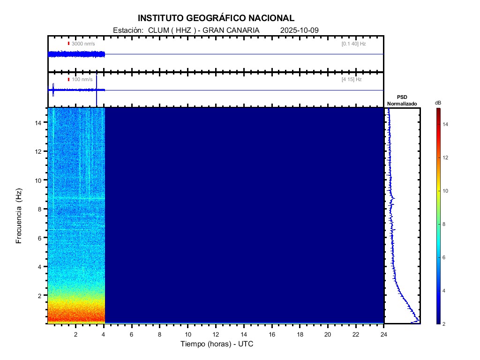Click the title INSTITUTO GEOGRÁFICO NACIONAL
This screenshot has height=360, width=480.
coord(216,18)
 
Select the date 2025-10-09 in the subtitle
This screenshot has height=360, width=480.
coord(300,30)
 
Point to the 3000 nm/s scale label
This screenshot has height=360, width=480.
coord(83,44)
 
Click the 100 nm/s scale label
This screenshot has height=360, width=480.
coord(82,79)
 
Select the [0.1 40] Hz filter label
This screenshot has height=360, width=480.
coord(353,44)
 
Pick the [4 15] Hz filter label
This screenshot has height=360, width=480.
coord(352,79)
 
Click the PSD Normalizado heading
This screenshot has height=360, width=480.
coord(402,100)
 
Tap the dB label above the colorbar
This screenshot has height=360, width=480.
coord(438,103)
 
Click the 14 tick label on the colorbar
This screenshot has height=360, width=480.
coord(446,124)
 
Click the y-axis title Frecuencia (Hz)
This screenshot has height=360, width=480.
coord(19,216)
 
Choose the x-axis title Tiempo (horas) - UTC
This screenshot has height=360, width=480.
coord(217,344)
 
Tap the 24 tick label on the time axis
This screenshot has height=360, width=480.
coord(384,334)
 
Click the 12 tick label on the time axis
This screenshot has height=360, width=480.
coord(216,334)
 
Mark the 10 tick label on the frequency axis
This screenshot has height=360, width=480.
coord(39,180)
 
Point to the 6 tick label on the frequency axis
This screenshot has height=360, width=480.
coord(41,238)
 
